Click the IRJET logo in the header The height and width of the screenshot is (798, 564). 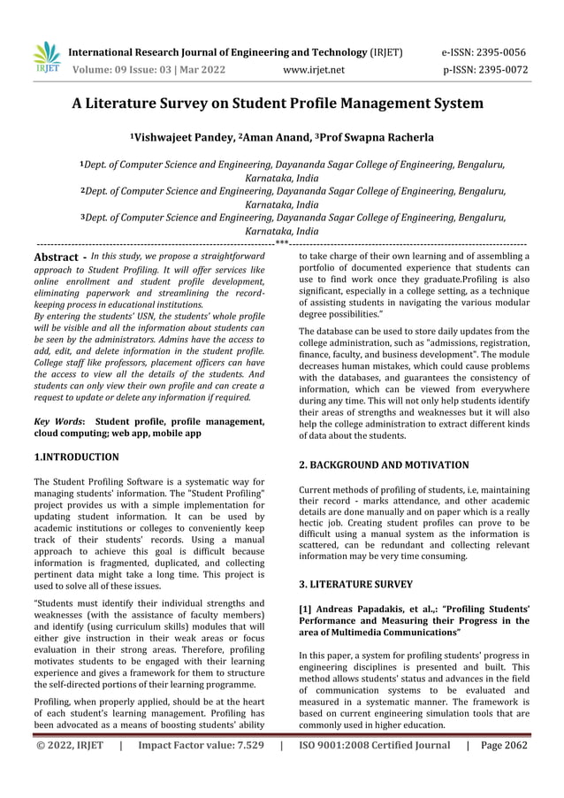45,58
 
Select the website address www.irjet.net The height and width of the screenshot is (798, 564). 314,70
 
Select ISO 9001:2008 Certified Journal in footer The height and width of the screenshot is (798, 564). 375,746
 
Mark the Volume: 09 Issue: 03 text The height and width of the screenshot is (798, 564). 148,70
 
